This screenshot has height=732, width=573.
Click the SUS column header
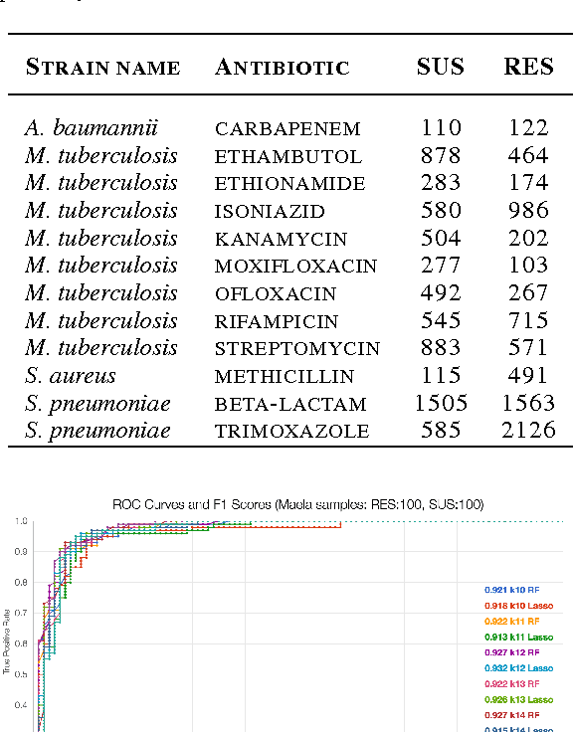click(440, 68)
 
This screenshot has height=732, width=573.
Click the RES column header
click(528, 68)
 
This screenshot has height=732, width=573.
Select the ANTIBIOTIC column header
click(282, 68)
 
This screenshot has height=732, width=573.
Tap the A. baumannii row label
click(92, 128)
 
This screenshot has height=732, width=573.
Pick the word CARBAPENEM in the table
click(287, 129)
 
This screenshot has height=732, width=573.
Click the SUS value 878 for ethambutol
click(441, 156)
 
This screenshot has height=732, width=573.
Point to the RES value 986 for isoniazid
click(527, 211)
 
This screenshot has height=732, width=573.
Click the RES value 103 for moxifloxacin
click(527, 267)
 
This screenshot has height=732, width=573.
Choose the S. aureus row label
click(70, 376)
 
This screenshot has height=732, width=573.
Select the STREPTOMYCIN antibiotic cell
click(296, 349)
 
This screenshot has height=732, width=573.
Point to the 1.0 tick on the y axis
click(21, 521)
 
